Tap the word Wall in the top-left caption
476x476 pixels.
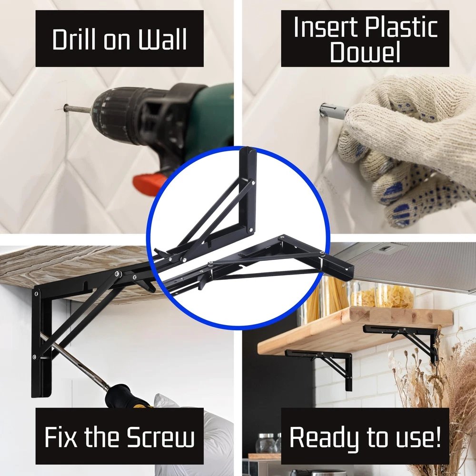[x=163, y=40]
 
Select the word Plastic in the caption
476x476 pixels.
[x=401, y=27]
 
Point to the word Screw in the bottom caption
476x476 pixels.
[x=160, y=437]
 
